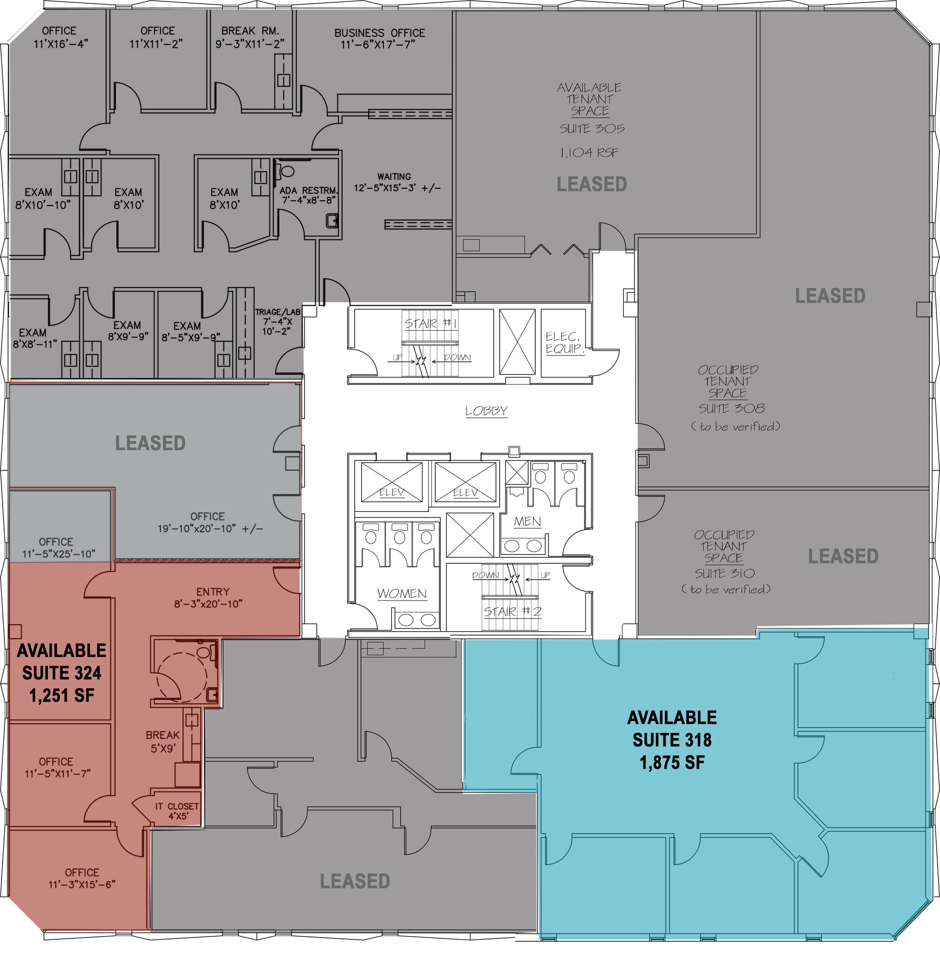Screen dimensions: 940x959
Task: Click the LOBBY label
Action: pos(486,411)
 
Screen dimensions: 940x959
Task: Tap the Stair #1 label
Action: pos(431,324)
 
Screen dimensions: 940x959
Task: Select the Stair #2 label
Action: pos(512,612)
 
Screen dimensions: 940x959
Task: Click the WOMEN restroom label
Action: pos(402,593)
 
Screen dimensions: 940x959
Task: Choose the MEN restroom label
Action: pos(527,521)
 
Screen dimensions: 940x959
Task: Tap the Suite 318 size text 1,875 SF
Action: pos(672,762)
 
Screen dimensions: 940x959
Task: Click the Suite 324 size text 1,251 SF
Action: pos(62,696)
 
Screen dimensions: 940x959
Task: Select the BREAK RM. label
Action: pos(250,30)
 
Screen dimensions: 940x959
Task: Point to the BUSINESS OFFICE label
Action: pos(379,33)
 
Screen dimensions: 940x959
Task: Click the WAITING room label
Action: pos(394,177)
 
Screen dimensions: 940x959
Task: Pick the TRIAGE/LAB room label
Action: pos(277,312)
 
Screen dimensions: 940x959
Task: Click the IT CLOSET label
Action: pos(177,806)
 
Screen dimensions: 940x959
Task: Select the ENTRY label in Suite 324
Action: pos(213,592)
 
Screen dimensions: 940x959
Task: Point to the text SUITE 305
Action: pos(592,128)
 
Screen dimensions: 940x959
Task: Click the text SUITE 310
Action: pos(725,574)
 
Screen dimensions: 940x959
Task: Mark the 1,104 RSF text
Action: pos(589,153)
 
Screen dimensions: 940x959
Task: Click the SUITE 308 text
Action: pos(732,409)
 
